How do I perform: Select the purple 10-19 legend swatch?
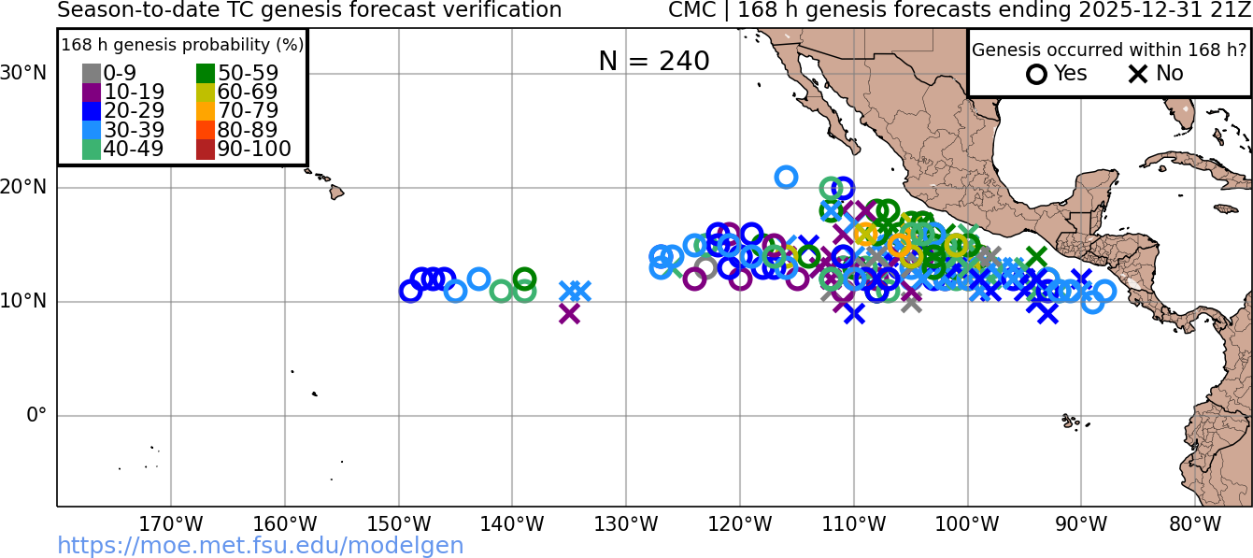(92, 93)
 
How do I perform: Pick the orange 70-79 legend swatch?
(206, 111)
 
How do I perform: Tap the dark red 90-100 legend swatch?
(206, 149)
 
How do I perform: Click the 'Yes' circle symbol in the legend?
(1036, 74)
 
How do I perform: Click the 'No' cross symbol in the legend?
(1138, 74)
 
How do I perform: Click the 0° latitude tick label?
(36, 415)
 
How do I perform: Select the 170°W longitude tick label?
(171, 523)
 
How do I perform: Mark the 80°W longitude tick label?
(1195, 523)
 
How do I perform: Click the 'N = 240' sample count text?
(654, 61)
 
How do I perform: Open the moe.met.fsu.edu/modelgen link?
(261, 546)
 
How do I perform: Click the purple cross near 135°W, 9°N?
(569, 313)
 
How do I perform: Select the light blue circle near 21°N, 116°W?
(786, 177)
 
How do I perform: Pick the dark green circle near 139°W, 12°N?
(524, 279)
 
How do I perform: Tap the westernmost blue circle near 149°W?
(410, 291)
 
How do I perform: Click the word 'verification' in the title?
(505, 10)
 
